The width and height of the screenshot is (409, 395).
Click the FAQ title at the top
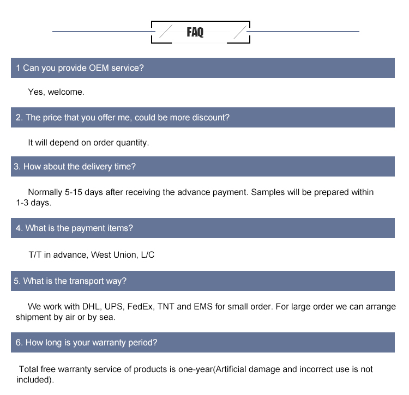(195, 33)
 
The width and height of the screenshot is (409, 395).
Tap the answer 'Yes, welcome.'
(56, 92)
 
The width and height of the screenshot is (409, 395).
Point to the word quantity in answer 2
(132, 143)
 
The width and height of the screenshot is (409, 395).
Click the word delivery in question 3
(97, 167)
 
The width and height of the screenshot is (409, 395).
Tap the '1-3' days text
(25, 203)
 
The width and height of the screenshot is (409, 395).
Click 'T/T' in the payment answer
(35, 255)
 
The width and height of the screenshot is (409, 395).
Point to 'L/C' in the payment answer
(148, 255)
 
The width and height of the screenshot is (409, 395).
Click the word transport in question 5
(87, 281)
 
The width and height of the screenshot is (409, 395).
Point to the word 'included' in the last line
(34, 380)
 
